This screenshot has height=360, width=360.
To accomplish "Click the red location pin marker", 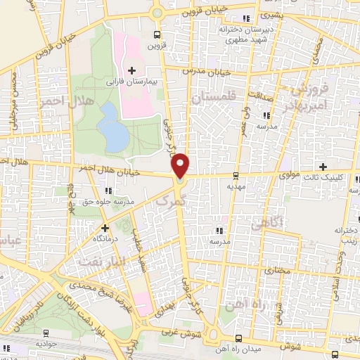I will pyautogui.click(x=181, y=165).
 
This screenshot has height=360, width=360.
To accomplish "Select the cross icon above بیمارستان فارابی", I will pyautogui.click(x=131, y=70).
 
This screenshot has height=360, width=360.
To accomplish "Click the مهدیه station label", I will pyautogui.click(x=235, y=187).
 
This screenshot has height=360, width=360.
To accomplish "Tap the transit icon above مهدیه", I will pyautogui.click(x=235, y=176).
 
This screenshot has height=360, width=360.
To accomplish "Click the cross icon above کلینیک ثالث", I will pyautogui.click(x=323, y=167).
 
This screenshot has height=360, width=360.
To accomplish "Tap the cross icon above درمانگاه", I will pyautogui.click(x=105, y=228).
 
